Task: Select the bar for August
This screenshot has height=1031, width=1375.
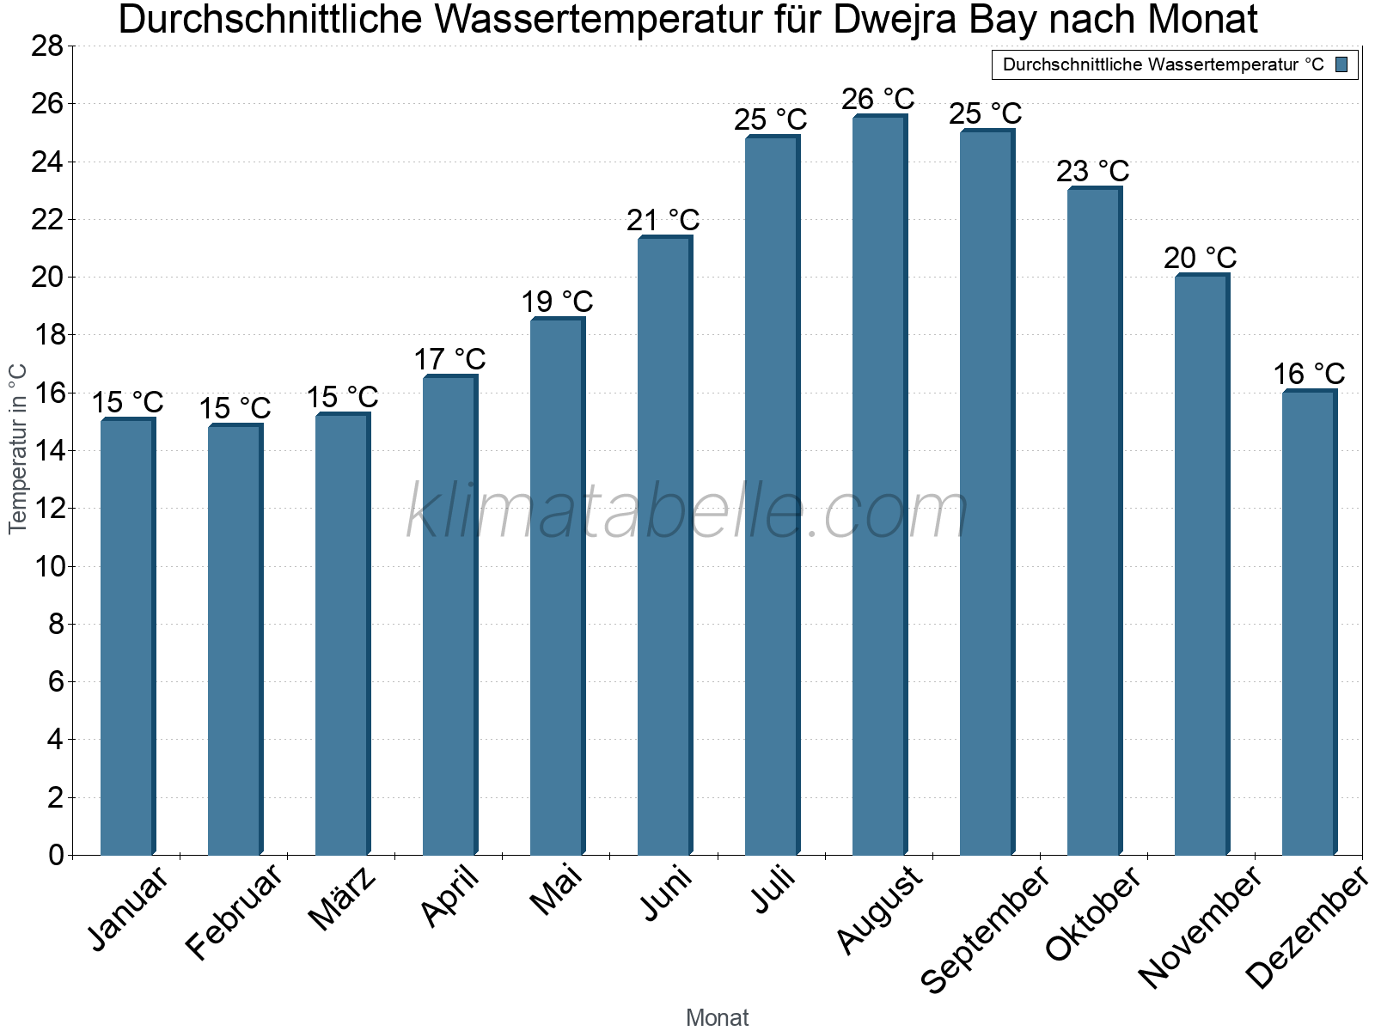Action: [x=878, y=485]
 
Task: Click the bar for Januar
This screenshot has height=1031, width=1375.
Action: [x=127, y=636]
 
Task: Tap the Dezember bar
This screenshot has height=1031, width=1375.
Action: [x=1308, y=623]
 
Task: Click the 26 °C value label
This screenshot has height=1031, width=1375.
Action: [x=878, y=99]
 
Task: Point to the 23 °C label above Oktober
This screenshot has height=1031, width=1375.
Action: [x=1093, y=171]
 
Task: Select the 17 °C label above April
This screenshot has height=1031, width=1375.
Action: [x=449, y=359]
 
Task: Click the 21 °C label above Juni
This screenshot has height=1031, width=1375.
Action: [x=663, y=220]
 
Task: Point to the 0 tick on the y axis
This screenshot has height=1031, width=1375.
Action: [x=56, y=855]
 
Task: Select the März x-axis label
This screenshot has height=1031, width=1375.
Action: [x=342, y=899]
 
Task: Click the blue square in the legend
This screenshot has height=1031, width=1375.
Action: [x=1342, y=64]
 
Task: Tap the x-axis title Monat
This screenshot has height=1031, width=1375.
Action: [x=717, y=1018]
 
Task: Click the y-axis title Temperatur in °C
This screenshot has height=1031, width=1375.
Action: [x=18, y=448]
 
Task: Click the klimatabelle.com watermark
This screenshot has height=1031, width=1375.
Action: [x=687, y=512]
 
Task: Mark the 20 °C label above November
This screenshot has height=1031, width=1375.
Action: [x=1201, y=258]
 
